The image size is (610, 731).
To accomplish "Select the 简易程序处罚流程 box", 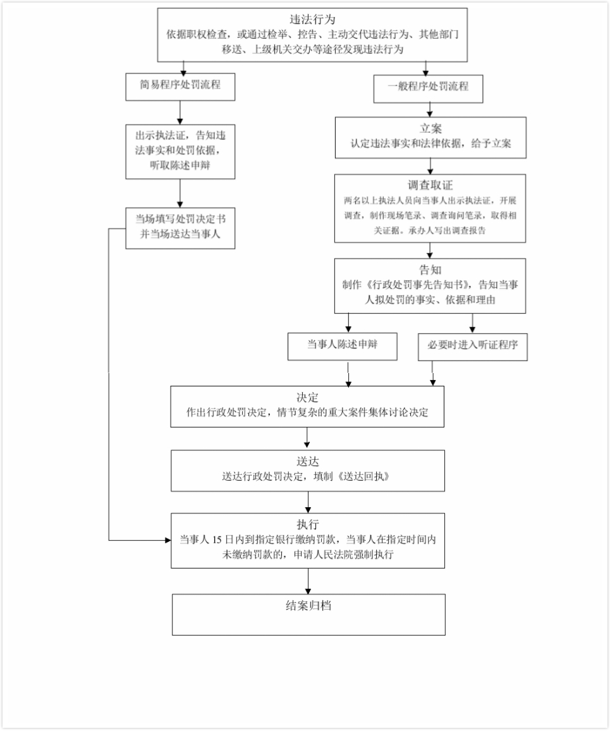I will pyautogui.click(x=180, y=84).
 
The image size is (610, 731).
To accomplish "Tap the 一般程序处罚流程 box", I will pyautogui.click(x=429, y=87).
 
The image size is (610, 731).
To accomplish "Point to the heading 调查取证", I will pyautogui.click(x=430, y=185).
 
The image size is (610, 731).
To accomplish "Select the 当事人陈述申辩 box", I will pyautogui.click(x=343, y=345).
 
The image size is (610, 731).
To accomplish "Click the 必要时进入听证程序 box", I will pyautogui.click(x=472, y=346).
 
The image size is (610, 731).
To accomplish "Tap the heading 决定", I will pyautogui.click(x=307, y=398).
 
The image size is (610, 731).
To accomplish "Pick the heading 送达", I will pyautogui.click(x=307, y=462).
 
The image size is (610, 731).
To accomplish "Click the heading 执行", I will pyautogui.click(x=308, y=525).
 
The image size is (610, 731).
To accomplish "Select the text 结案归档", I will pyautogui.click(x=308, y=606).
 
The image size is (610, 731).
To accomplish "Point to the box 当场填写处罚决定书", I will pyautogui.click(x=180, y=227).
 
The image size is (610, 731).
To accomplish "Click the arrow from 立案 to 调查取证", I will pyautogui.click(x=430, y=166).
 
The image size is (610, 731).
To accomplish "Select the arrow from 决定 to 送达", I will pyautogui.click(x=307, y=438).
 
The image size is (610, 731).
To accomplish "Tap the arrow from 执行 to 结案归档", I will pyautogui.click(x=308, y=580).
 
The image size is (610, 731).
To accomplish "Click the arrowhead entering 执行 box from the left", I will pyautogui.click(x=168, y=541).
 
